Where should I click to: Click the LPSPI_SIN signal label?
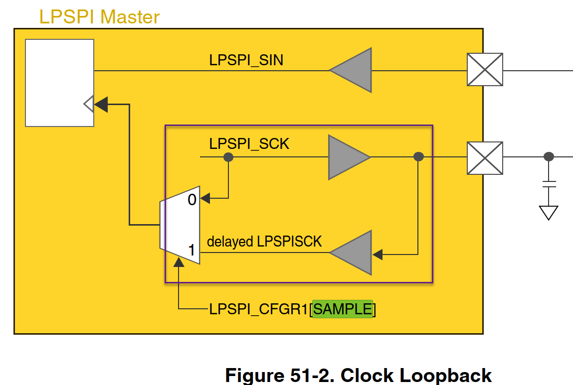[246, 60]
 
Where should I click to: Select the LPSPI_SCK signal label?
[249, 144]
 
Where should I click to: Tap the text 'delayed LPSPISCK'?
[264, 242]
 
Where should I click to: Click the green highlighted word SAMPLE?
[343, 309]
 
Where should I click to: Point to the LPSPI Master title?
[99, 17]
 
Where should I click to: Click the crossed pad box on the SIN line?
[484, 70]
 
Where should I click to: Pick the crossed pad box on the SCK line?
[484, 157]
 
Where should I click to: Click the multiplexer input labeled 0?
[192, 200]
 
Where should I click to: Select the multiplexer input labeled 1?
[192, 251]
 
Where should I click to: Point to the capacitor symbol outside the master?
[549, 185]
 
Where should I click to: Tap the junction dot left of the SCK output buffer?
[228, 157]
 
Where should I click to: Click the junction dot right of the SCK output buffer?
[419, 157]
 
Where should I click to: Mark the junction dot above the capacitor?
[549, 157]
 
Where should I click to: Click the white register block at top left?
[60, 82]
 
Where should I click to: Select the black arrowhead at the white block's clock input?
[101, 105]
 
